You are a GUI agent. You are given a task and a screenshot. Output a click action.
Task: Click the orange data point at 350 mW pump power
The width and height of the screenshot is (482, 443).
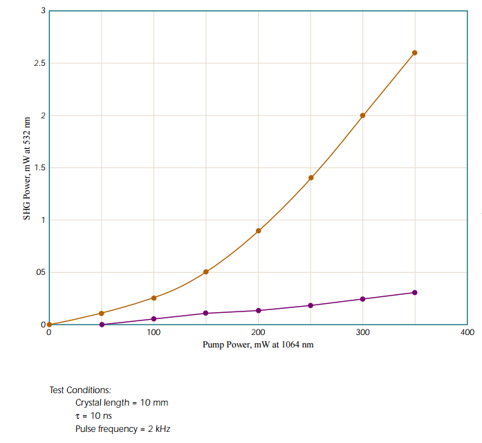(415, 53)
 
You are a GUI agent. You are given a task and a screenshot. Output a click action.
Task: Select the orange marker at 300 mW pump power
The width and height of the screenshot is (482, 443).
(362, 115)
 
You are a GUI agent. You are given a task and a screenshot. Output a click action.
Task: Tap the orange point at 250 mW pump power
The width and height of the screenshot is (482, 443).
(311, 178)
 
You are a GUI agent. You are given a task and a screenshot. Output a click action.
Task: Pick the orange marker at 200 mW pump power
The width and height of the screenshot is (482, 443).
(259, 230)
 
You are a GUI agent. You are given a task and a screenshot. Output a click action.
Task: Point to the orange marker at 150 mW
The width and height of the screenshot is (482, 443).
(206, 272)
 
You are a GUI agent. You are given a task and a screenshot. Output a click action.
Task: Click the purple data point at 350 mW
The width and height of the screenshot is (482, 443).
(415, 293)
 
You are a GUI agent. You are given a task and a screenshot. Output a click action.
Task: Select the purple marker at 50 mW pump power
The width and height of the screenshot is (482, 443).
(102, 325)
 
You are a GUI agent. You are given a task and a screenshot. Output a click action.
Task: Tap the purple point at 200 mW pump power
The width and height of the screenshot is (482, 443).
(259, 311)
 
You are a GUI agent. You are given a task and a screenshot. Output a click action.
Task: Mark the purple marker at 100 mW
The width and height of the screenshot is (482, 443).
(154, 319)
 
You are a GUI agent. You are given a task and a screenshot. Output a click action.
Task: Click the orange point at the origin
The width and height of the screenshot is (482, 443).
(49, 325)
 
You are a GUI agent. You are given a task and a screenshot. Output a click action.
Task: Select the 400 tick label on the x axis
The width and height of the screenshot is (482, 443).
(467, 333)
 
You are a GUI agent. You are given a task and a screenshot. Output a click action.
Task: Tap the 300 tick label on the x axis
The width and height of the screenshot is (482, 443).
(362, 333)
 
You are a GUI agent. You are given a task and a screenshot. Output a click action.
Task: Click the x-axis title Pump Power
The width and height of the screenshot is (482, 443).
(258, 345)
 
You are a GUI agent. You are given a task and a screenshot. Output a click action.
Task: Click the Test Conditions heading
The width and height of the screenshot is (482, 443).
(80, 390)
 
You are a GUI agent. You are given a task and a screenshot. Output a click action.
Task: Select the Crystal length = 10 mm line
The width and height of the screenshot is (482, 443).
(122, 403)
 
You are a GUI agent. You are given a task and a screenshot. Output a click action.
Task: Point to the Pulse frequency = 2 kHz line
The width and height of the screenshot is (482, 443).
(122, 428)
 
